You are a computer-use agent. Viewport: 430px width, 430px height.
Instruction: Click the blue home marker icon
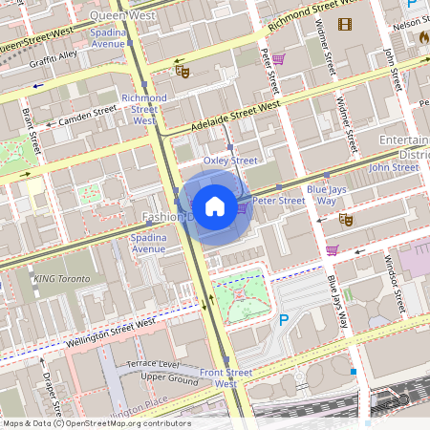[x=215, y=206]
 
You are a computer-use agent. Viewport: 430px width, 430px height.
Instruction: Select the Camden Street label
[x=87, y=116]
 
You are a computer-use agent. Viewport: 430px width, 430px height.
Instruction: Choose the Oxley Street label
[x=231, y=161]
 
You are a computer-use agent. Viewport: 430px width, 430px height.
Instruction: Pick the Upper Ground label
[x=168, y=376]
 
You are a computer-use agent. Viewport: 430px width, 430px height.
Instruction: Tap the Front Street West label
[x=226, y=377]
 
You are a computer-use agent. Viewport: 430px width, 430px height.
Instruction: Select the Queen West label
[x=123, y=16]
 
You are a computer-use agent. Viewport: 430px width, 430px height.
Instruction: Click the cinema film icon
[x=344, y=24]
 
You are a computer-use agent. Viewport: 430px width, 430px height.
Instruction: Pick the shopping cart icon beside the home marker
[x=243, y=206]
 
